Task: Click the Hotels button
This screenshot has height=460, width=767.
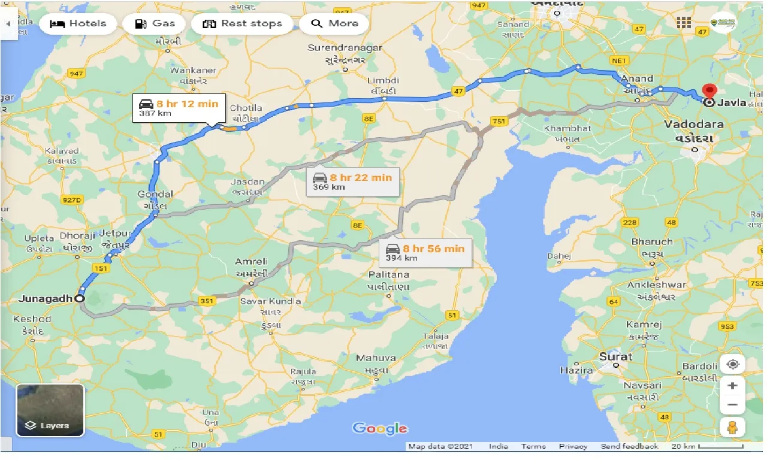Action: point(78,24)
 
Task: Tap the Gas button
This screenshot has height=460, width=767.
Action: point(155,24)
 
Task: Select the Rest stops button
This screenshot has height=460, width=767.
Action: point(242,24)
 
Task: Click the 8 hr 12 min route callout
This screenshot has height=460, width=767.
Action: point(179,108)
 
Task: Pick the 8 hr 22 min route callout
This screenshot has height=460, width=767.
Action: point(352,181)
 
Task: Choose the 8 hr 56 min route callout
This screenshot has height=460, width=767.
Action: point(425,253)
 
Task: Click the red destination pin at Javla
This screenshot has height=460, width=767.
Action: point(709,92)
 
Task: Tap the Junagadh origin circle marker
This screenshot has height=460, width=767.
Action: point(79,298)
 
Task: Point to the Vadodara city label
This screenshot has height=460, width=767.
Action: point(694,125)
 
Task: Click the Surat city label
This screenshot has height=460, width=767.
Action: point(615,356)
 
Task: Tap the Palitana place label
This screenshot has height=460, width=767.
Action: point(389,275)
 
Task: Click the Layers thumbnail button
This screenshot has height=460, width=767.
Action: point(50,410)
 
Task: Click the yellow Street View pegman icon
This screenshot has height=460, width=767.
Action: point(732,427)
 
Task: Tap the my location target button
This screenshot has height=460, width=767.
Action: point(732,364)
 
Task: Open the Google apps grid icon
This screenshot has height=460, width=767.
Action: point(684,23)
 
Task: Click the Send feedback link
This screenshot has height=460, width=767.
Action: point(629,446)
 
